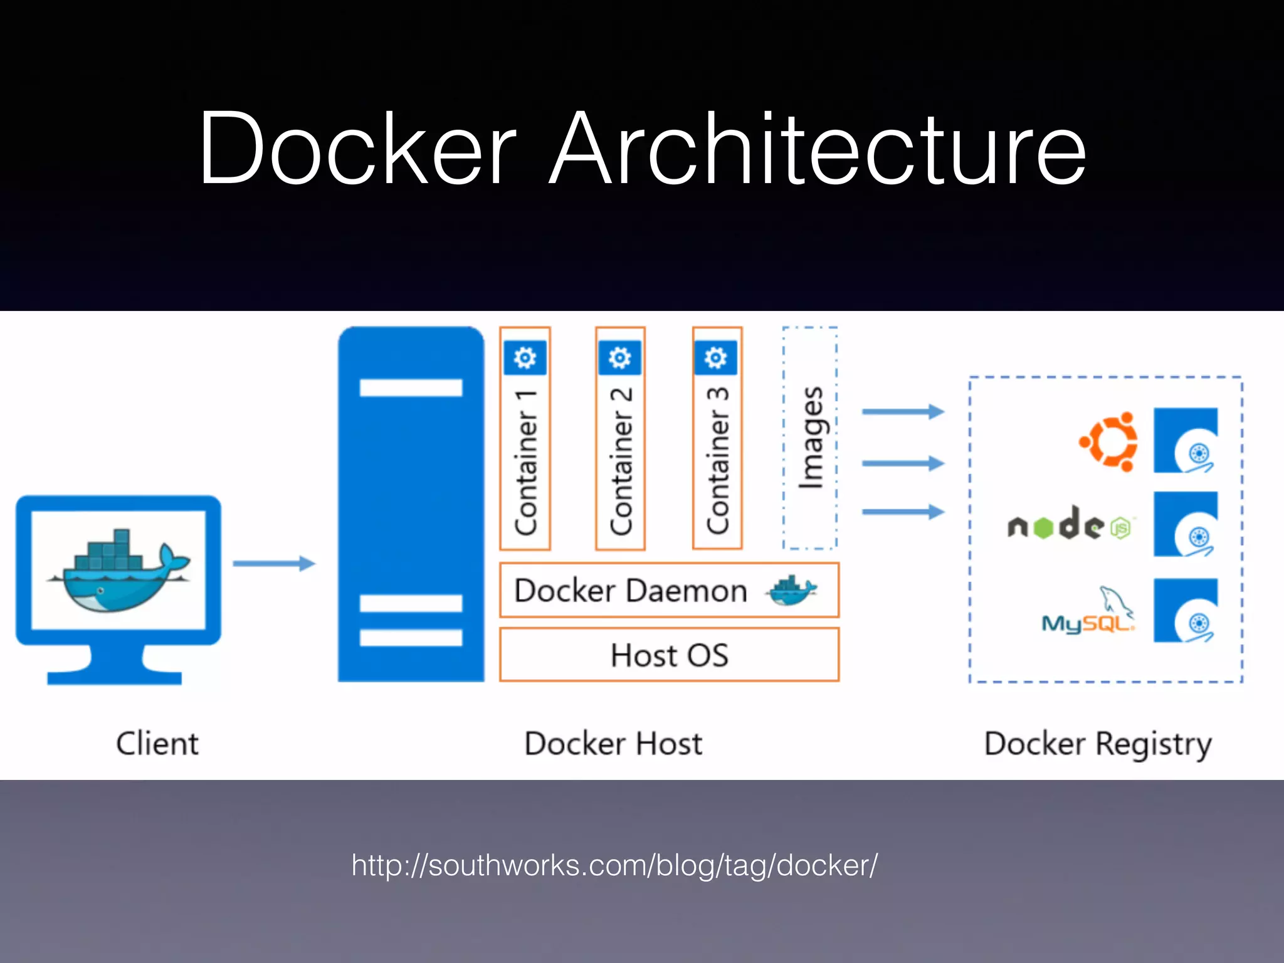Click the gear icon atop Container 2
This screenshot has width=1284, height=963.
620,357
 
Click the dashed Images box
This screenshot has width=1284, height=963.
810,438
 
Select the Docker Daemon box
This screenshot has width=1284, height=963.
669,590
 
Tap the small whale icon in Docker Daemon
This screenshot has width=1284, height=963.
791,590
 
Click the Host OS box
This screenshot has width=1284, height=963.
669,655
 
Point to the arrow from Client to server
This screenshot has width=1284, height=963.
274,563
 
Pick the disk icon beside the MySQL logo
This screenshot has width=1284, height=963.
1186,611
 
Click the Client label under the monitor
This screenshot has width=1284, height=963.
157,744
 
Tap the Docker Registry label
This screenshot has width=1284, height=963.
1098,744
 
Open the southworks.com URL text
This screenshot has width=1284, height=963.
614,866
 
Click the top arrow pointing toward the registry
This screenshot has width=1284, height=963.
903,411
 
